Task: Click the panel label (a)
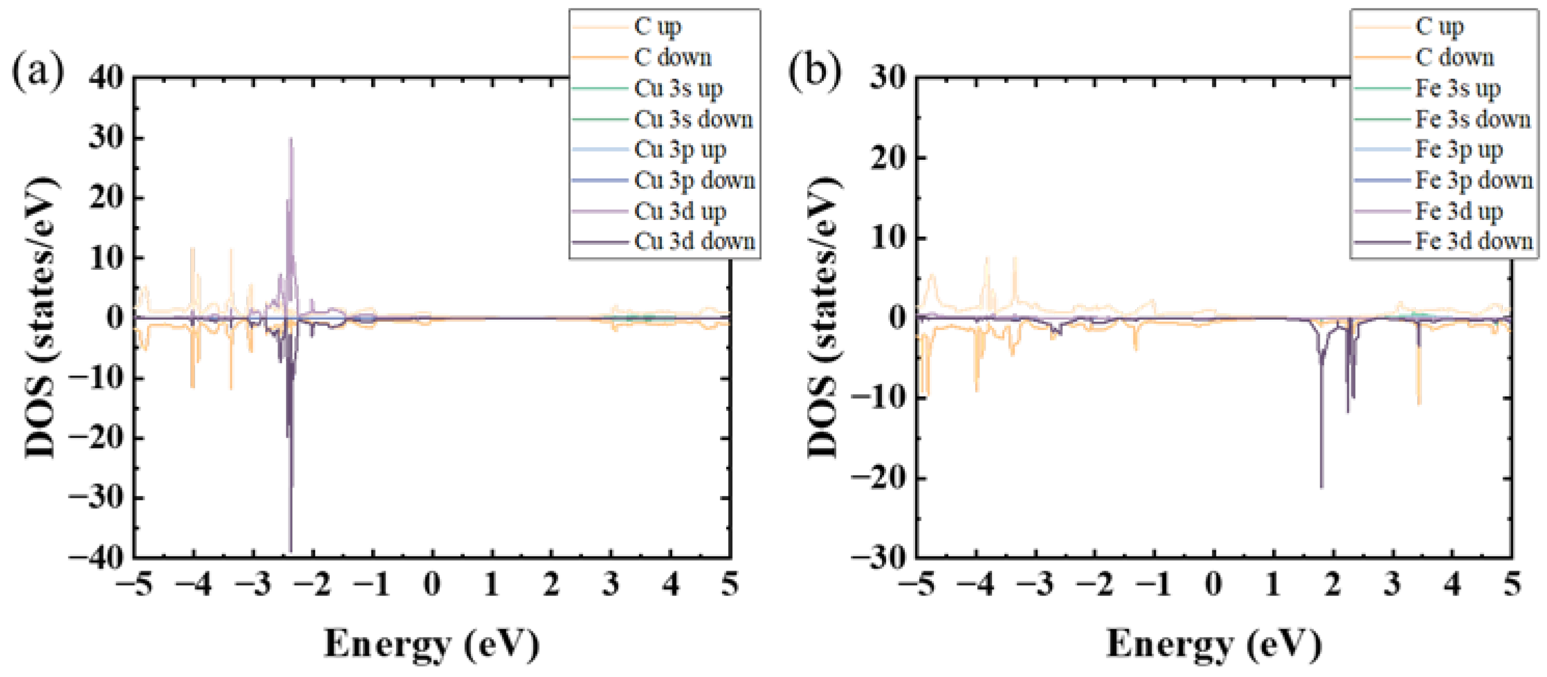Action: click(37, 71)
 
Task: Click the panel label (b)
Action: click(814, 71)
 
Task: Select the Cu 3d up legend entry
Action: click(680, 212)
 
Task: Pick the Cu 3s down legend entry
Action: click(693, 119)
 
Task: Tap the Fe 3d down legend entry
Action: click(1473, 241)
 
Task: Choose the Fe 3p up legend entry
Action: click(1458, 149)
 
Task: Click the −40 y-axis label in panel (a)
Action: click(96, 558)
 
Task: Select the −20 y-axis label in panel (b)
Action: click(878, 478)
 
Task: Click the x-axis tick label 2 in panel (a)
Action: click(551, 584)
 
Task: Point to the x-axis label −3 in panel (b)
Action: click(1036, 584)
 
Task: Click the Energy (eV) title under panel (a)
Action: click(431, 643)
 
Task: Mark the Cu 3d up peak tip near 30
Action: click(291, 139)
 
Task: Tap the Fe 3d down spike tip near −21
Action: click(1321, 487)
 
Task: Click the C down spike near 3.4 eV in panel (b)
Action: click(1418, 403)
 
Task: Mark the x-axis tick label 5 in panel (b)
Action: click(1512, 584)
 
